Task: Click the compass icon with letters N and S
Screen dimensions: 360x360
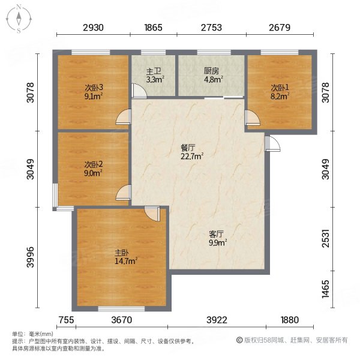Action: pos(19,19)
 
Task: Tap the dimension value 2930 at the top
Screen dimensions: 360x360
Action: pos(94,28)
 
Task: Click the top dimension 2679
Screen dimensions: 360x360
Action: pos(280,28)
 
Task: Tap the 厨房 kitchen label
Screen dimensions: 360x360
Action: pos(211,70)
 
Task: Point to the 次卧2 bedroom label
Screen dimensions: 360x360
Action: pos(92,164)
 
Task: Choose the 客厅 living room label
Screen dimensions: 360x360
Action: pos(216,234)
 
